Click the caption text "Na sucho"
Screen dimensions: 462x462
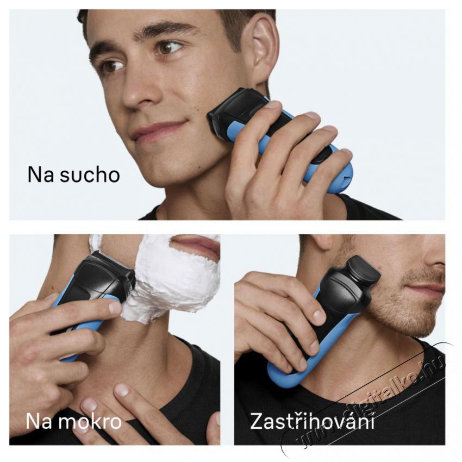[73, 174]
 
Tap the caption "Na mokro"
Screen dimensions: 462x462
[73, 421]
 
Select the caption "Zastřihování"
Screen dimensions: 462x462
[312, 421]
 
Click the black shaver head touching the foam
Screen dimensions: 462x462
[106, 274]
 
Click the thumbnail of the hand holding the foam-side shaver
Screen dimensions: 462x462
[115, 308]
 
